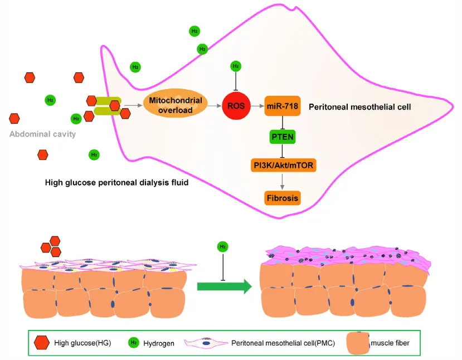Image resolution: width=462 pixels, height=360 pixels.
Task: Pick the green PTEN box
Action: click(283, 136)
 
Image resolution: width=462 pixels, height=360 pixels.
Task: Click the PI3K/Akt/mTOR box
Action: click(283, 166)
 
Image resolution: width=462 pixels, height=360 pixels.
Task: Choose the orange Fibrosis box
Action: click(283, 197)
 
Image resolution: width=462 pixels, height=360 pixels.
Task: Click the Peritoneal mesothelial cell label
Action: click(359, 106)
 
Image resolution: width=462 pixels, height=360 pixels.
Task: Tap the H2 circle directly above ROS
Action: click(235, 67)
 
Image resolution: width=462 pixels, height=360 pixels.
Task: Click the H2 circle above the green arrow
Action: click(223, 246)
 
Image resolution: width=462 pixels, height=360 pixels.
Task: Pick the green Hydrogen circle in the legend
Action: click(134, 343)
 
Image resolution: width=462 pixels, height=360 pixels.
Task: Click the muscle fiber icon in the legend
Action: click(358, 342)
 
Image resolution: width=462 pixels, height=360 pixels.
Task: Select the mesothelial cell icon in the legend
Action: click(206, 343)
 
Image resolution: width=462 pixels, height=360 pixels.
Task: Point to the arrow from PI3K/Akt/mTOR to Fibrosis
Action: click(283, 181)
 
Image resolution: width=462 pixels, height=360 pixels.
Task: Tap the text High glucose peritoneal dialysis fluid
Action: click(116, 182)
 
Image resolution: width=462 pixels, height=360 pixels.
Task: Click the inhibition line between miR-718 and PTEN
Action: click(283, 121)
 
